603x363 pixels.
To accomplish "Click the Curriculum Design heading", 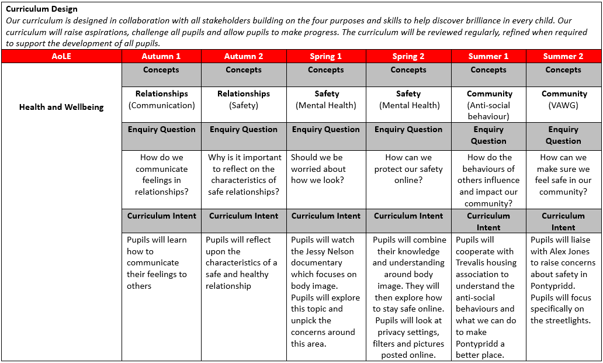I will click(x=41, y=9).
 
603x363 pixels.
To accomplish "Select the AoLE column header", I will click(x=61, y=57).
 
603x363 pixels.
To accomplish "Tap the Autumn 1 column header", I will click(x=161, y=57).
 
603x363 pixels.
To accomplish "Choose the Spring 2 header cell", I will click(x=408, y=57).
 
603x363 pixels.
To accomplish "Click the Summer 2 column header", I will click(x=563, y=57).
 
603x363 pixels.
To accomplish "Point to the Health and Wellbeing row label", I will click(x=61, y=107).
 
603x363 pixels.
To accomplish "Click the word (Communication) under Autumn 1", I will click(x=162, y=105).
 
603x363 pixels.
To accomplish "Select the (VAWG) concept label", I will click(x=563, y=105).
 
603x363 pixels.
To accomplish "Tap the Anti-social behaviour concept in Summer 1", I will click(x=489, y=111).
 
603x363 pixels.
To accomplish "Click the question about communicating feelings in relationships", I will click(x=162, y=174).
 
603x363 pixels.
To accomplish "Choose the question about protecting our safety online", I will click(x=408, y=168).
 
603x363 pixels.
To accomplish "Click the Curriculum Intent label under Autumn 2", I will click(x=244, y=216).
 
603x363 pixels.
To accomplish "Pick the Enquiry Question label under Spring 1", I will click(x=326, y=129).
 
